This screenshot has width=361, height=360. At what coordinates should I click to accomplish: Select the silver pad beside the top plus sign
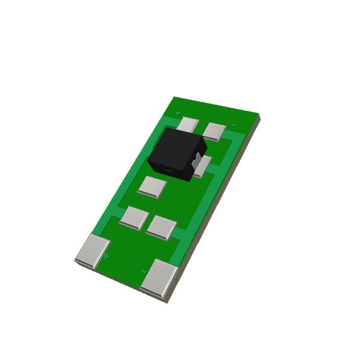[x=189, y=125]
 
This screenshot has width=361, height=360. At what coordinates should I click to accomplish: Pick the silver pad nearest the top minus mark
[x=214, y=131]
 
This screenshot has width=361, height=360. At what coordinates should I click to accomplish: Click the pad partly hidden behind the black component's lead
[x=203, y=166]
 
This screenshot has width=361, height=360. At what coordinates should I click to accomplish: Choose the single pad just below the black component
[x=152, y=187]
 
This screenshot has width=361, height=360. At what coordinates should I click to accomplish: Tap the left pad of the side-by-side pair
[x=134, y=217]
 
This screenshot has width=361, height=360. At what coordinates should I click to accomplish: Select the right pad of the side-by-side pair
[x=161, y=228]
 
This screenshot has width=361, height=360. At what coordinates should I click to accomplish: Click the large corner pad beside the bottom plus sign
[x=93, y=250]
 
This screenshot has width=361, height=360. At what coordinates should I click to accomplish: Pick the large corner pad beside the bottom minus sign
[x=159, y=278]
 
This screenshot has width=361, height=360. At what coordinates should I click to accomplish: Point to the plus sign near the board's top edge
[x=178, y=113]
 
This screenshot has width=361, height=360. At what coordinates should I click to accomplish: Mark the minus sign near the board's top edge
[x=234, y=125]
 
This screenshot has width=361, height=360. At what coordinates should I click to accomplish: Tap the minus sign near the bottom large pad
[x=144, y=272]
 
